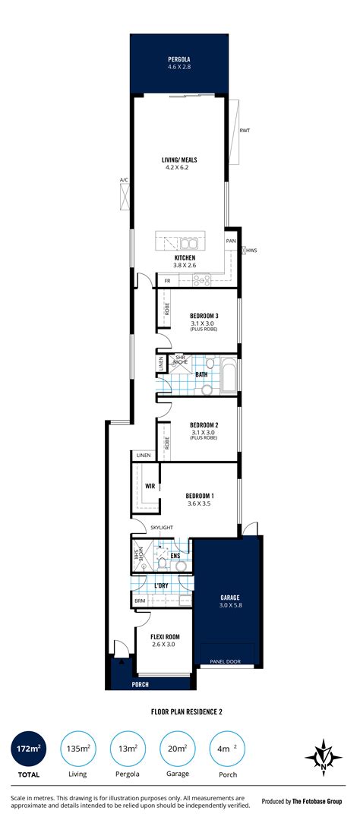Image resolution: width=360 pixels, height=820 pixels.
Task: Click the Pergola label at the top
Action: (x=179, y=60)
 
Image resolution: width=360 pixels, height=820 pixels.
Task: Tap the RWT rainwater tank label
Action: (x=245, y=131)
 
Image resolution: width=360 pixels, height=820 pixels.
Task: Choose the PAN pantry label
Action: (x=231, y=241)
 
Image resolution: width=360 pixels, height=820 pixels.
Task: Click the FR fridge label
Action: (x=167, y=282)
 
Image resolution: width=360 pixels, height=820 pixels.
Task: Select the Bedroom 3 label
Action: (x=204, y=317)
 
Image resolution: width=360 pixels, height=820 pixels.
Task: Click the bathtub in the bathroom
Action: (x=229, y=375)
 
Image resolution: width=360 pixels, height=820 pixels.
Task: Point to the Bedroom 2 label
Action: (x=204, y=425)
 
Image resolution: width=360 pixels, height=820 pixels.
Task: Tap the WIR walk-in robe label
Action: (x=150, y=486)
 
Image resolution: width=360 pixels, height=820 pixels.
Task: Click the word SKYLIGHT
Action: (x=162, y=528)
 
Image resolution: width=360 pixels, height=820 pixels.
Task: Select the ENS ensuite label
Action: (x=175, y=555)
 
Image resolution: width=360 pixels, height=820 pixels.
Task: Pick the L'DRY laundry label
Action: (x=161, y=585)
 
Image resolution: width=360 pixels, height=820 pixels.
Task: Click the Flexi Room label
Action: (x=166, y=637)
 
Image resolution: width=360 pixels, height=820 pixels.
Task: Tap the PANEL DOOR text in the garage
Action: (x=225, y=661)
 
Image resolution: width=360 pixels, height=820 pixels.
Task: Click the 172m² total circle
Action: (x=28, y=749)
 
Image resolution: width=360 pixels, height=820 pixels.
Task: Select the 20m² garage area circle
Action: (x=178, y=749)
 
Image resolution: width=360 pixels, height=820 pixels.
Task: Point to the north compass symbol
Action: (x=324, y=757)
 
